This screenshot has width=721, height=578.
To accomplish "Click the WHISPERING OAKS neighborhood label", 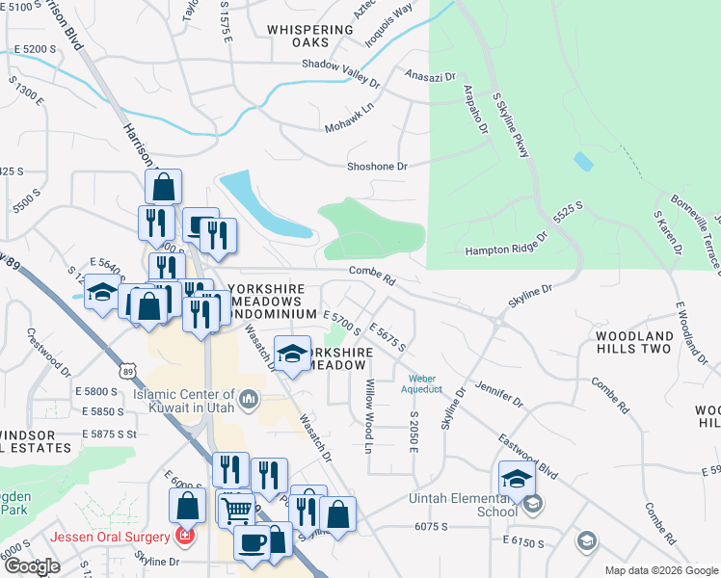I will [x=310, y=37].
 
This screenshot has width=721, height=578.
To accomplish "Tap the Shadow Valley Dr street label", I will [x=343, y=65].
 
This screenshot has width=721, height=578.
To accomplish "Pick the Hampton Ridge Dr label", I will [x=506, y=250].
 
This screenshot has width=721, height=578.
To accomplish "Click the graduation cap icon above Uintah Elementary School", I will [x=517, y=479].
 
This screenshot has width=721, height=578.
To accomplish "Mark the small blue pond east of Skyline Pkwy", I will [x=582, y=162].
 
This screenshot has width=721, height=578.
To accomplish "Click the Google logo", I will [x=32, y=566].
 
